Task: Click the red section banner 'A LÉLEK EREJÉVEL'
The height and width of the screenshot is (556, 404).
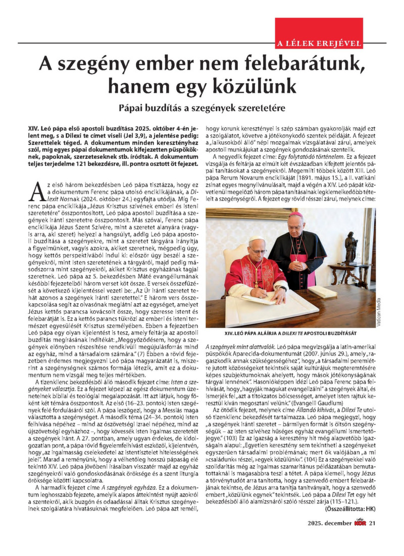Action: click(x=318, y=42)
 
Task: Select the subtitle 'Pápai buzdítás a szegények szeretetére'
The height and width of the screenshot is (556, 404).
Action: click(x=202, y=108)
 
